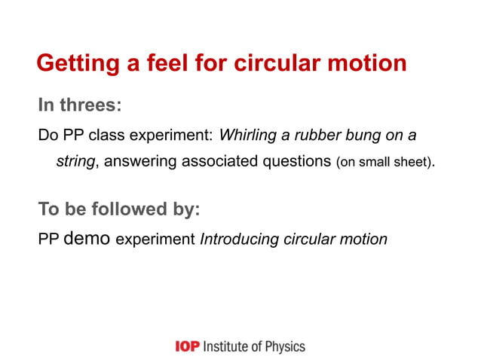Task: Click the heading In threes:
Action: (x=79, y=105)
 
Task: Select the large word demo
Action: (x=87, y=239)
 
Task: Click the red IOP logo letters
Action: (x=187, y=346)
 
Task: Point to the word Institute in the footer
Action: (x=228, y=346)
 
